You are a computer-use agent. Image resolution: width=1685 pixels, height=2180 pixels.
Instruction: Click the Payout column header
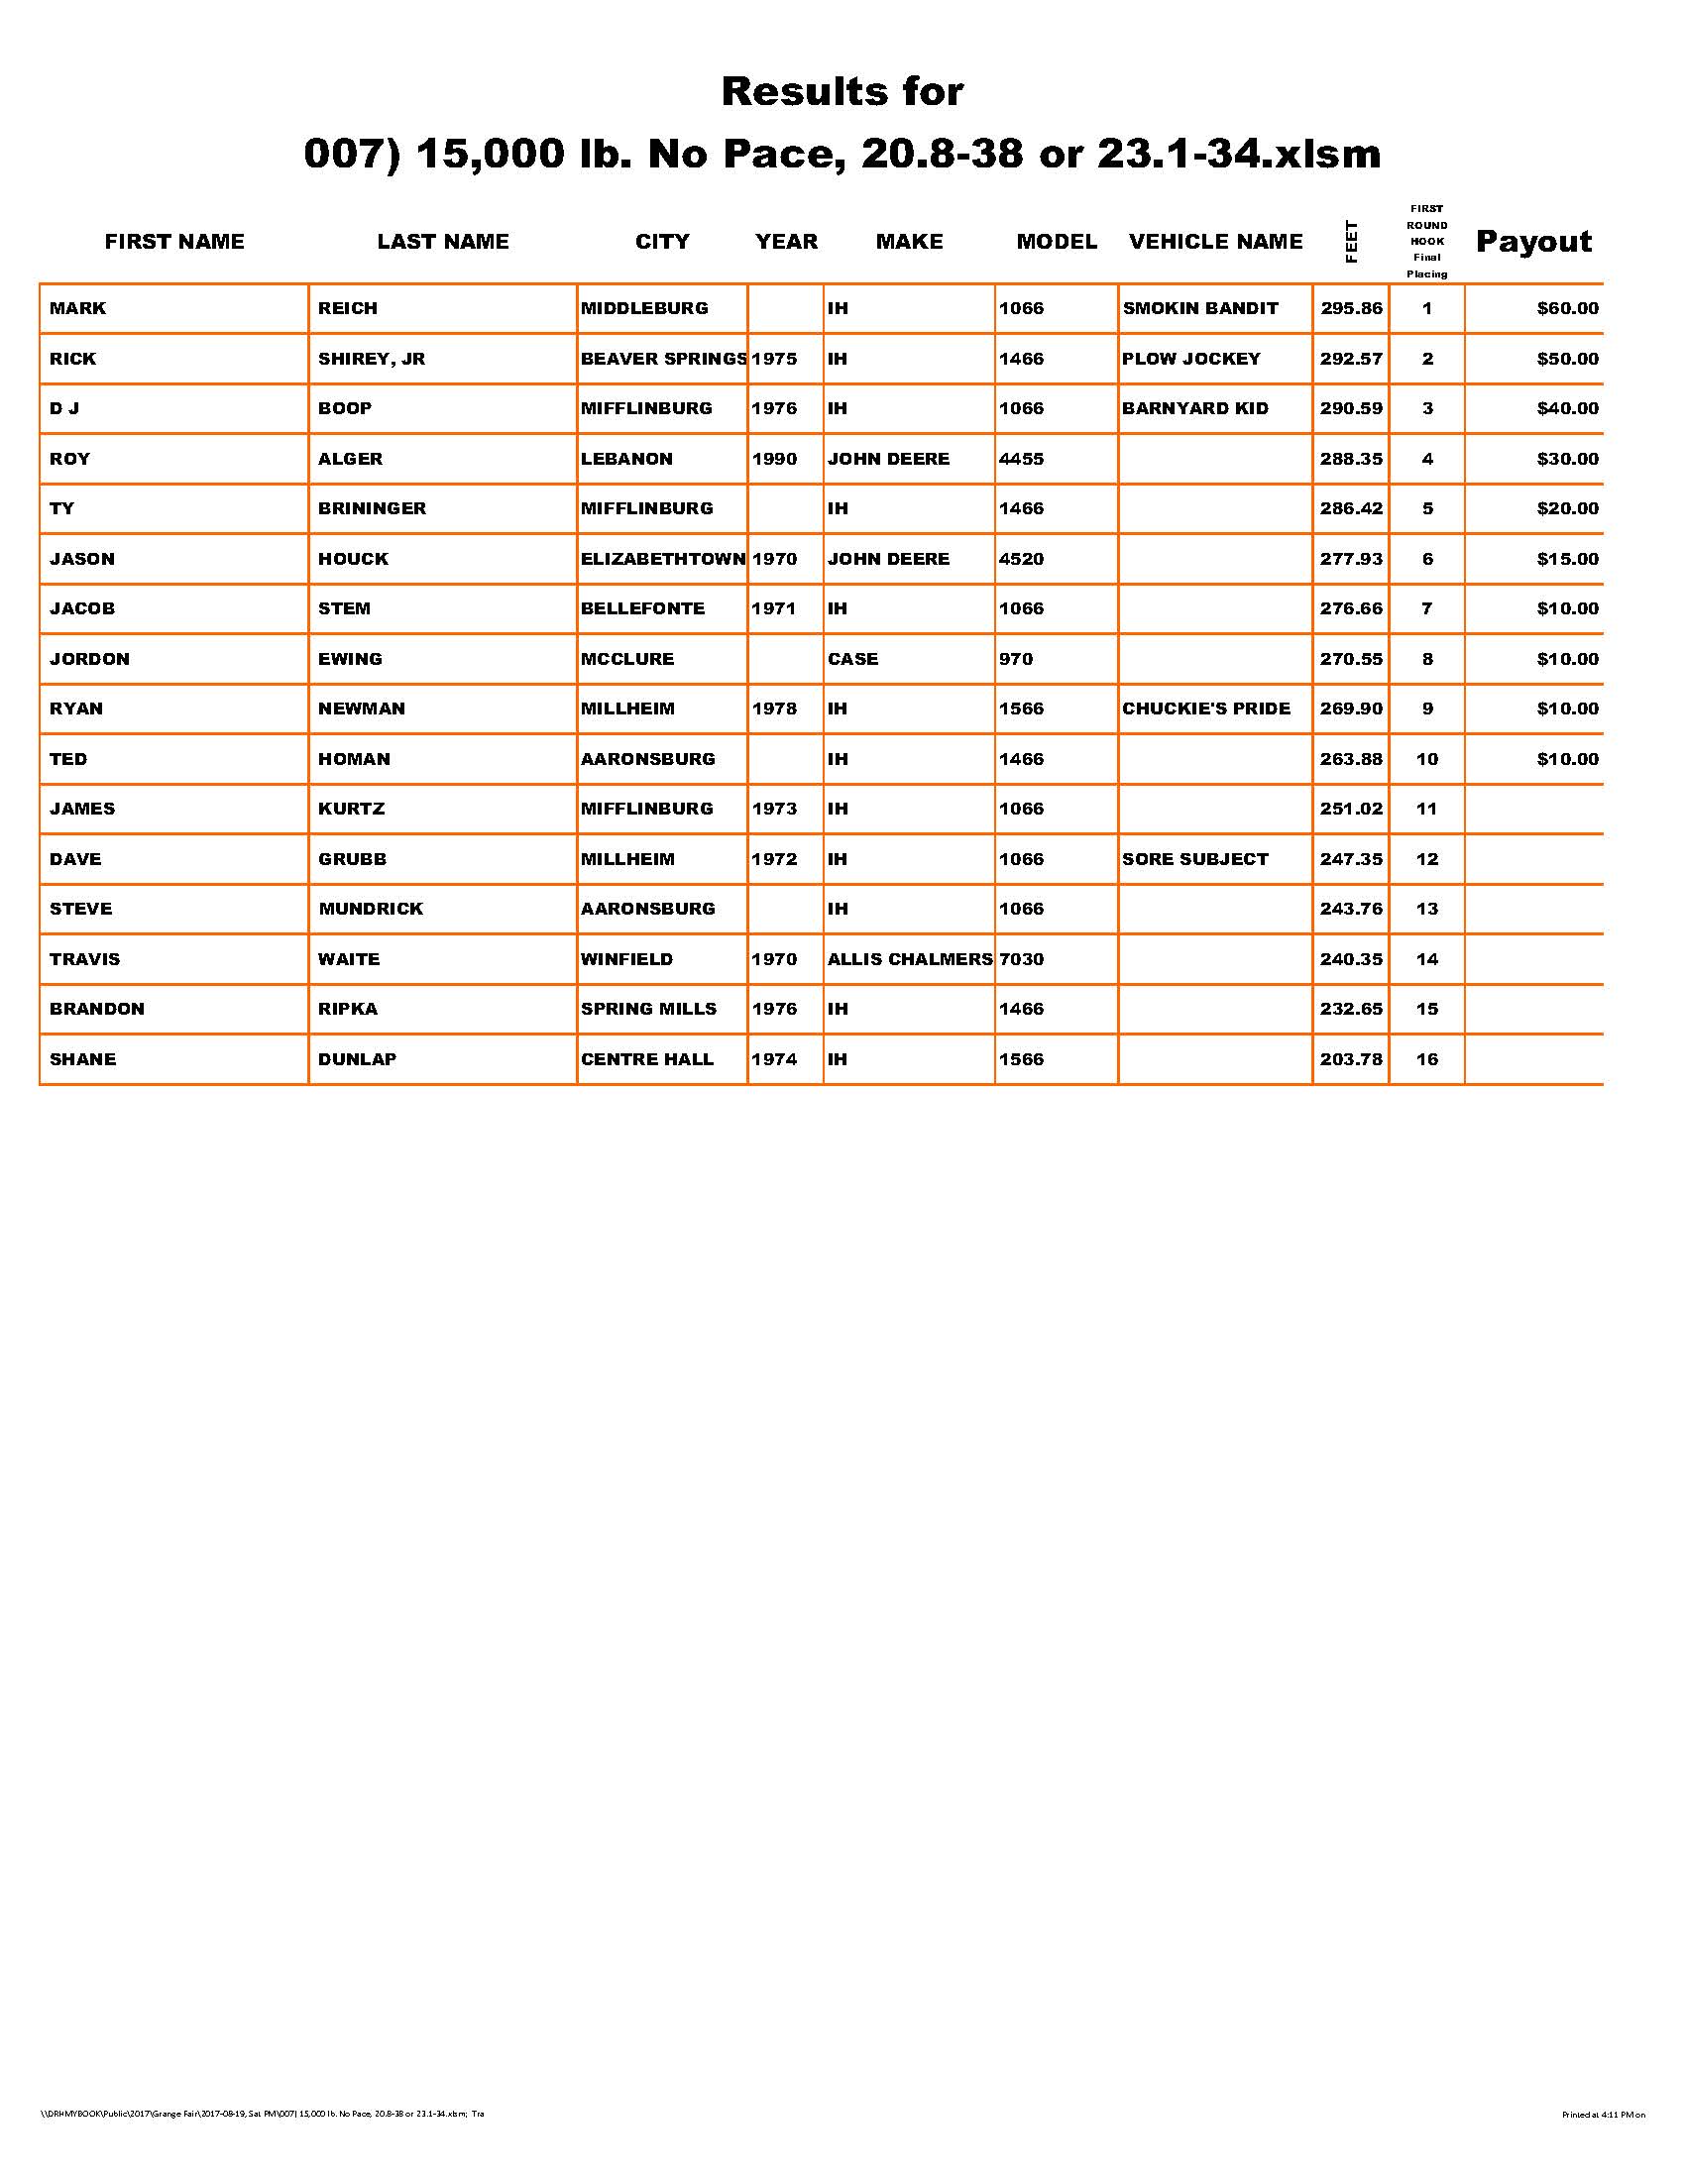pyautogui.click(x=1533, y=242)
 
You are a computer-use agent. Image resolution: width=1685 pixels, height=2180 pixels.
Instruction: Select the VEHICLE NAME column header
pyautogui.click(x=1215, y=242)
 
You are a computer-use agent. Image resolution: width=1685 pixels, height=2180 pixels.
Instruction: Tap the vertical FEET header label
pyautogui.click(x=1352, y=242)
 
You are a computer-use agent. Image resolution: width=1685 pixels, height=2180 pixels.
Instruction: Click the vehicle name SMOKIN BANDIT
pyautogui.click(x=1200, y=308)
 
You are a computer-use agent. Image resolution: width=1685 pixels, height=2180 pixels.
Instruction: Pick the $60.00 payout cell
pyautogui.click(x=1567, y=308)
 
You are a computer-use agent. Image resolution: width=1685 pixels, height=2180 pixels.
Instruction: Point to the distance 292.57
pyautogui.click(x=1351, y=359)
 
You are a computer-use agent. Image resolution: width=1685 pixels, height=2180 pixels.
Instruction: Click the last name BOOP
pyautogui.click(x=344, y=408)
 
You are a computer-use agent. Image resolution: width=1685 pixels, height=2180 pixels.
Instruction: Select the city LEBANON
pyautogui.click(x=626, y=459)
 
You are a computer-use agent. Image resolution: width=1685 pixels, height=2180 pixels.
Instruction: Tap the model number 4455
pyautogui.click(x=1021, y=459)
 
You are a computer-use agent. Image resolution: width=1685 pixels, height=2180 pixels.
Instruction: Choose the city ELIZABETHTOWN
pyautogui.click(x=663, y=559)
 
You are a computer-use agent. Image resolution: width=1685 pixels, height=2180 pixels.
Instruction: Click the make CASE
pyautogui.click(x=852, y=659)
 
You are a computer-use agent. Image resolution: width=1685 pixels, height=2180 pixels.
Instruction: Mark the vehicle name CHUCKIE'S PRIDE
pyautogui.click(x=1206, y=708)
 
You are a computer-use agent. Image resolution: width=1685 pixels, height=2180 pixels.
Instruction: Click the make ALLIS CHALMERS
pyautogui.click(x=909, y=959)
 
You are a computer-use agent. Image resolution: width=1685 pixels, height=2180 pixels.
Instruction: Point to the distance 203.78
pyautogui.click(x=1351, y=1059)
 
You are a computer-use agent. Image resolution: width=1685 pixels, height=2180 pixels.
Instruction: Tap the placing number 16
pyautogui.click(x=1426, y=1059)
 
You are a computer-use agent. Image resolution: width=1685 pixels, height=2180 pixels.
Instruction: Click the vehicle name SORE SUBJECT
pyautogui.click(x=1195, y=859)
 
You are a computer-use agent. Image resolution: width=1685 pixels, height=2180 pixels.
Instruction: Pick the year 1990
pyautogui.click(x=774, y=459)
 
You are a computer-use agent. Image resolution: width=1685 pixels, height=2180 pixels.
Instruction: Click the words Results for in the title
pyautogui.click(x=842, y=92)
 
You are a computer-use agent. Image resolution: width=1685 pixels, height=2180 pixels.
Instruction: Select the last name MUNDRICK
pyautogui.click(x=371, y=910)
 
